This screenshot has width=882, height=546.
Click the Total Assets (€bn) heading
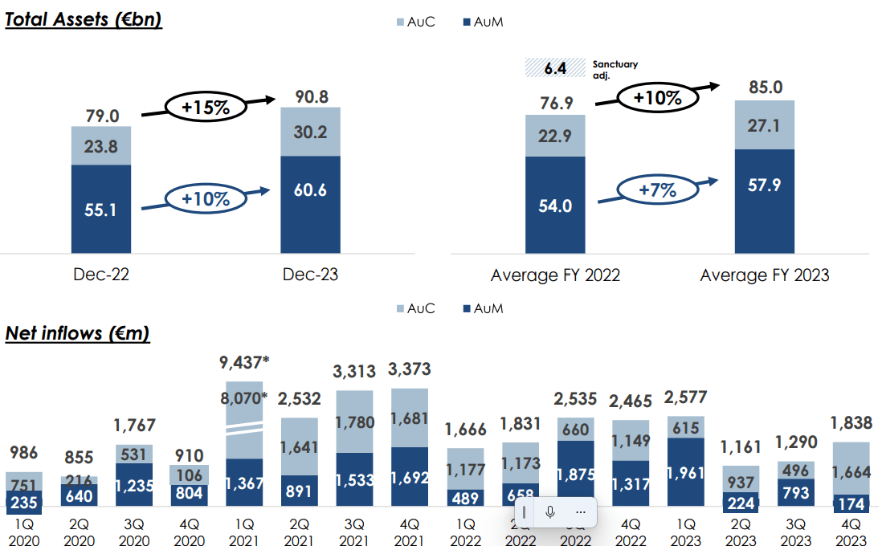pos(84,18)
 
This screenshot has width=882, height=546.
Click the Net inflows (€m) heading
pos(77,332)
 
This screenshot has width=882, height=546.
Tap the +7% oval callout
pos(657,190)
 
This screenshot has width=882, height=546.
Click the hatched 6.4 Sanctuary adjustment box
pos(555,67)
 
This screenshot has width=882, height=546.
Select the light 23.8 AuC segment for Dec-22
pos(101,145)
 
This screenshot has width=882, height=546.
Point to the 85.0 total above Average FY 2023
pos(764,87)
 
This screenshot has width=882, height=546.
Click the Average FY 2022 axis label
pos(555,275)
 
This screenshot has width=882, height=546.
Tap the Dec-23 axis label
pos(310,275)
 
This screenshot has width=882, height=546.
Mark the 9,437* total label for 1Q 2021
pos(244,363)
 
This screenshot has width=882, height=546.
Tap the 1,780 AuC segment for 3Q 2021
pos(355,422)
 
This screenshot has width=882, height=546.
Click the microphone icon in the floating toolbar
pos(550,511)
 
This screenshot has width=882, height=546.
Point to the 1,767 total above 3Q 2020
pos(134,426)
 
